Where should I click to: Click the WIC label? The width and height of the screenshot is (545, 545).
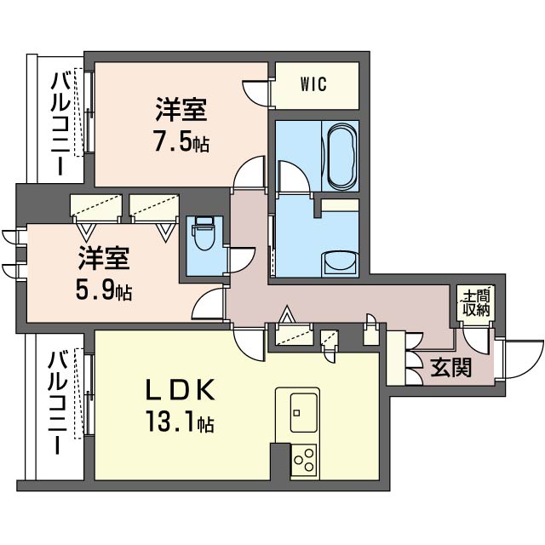[313, 84]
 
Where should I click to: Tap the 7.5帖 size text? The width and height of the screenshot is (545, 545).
[181, 142]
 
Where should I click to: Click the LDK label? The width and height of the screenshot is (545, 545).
[180, 392]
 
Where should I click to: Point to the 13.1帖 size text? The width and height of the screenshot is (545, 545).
[180, 422]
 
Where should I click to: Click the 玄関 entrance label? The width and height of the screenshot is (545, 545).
[450, 367]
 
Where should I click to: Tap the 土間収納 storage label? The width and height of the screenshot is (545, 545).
[476, 303]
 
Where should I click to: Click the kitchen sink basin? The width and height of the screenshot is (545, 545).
[303, 412]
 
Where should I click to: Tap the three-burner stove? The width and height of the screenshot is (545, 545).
[304, 460]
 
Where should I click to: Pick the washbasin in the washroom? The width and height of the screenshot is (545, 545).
[341, 263]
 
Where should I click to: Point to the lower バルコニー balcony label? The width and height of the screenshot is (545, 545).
[58, 403]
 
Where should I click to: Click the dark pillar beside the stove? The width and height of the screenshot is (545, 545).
[280, 462]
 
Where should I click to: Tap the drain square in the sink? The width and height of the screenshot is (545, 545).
[296, 413]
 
